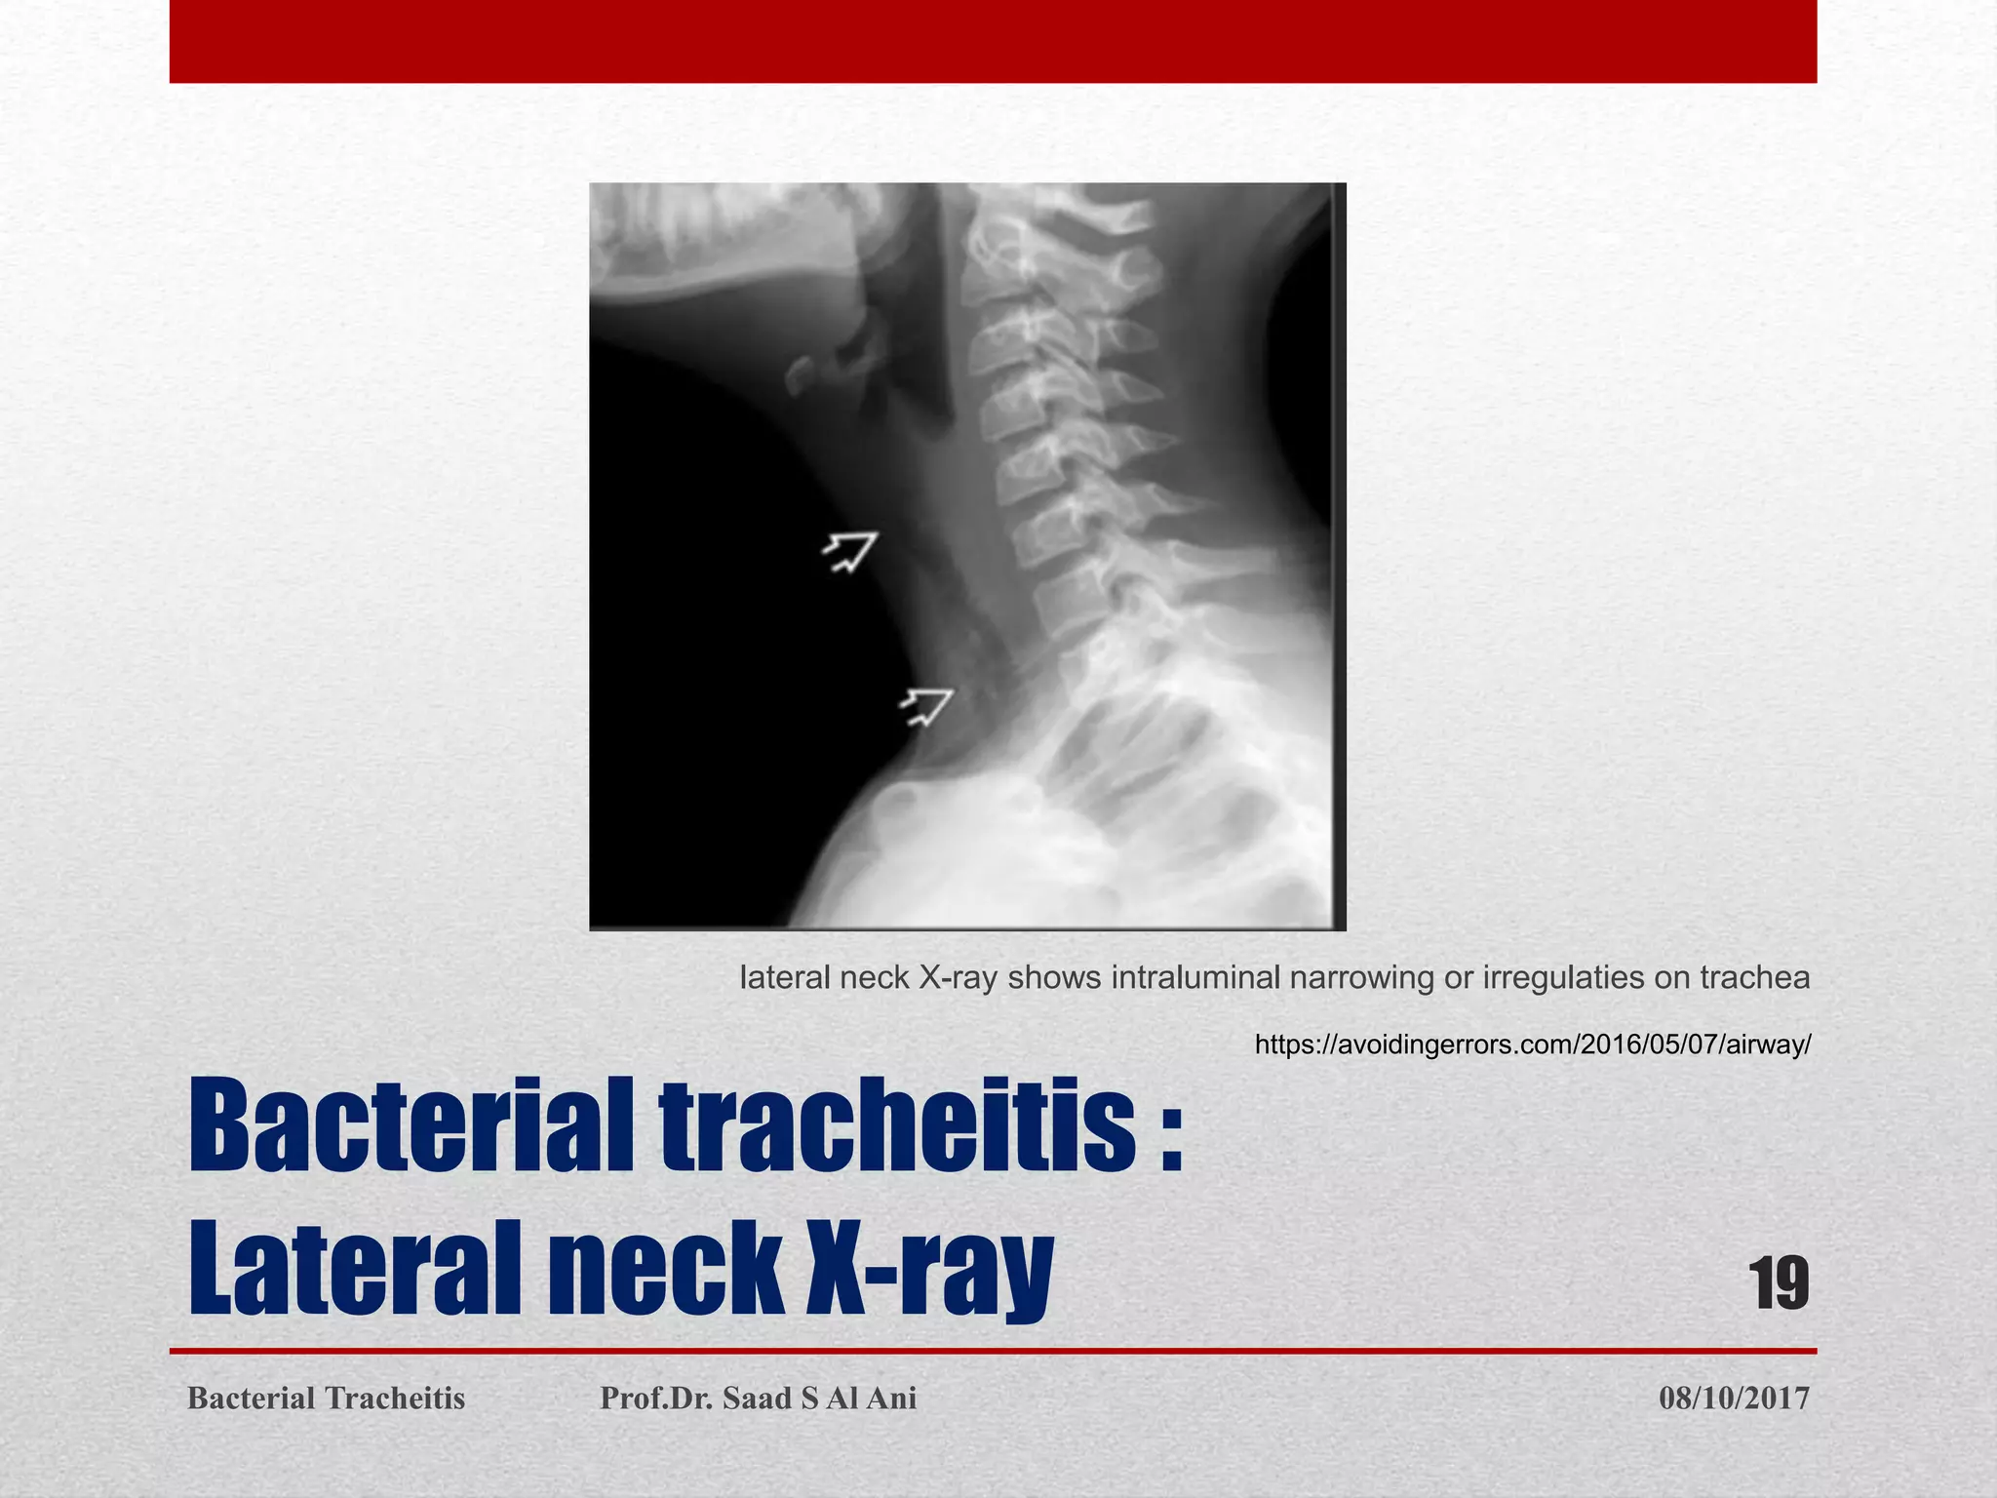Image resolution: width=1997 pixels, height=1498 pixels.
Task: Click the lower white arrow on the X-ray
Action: [x=926, y=706]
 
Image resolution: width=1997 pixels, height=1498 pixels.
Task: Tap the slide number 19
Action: [x=1780, y=1283]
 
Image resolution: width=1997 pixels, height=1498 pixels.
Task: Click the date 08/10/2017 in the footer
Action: [x=1734, y=1399]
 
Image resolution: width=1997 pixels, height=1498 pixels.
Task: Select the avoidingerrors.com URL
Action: [x=1532, y=1045]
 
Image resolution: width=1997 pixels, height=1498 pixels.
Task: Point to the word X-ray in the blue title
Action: [x=929, y=1271]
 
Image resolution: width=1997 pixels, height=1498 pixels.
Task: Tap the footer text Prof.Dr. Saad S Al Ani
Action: [x=758, y=1399]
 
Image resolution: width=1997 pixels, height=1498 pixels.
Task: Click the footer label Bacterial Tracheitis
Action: [x=326, y=1399]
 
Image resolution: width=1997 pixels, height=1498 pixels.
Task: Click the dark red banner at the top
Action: [x=993, y=41]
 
